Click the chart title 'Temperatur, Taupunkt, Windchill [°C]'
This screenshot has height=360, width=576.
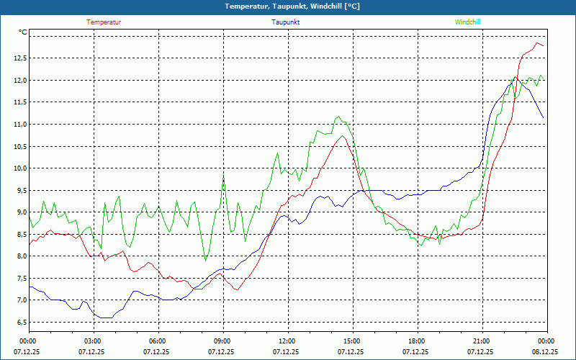pyautogui.click(x=287, y=6)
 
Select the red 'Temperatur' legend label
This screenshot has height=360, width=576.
pyautogui.click(x=104, y=22)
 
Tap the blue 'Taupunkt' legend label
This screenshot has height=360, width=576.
pyautogui.click(x=286, y=22)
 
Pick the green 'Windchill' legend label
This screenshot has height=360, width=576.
pyautogui.click(x=467, y=22)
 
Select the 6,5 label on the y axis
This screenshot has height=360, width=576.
pyautogui.click(x=19, y=322)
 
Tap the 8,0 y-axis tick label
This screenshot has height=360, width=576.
pyautogui.click(x=19, y=256)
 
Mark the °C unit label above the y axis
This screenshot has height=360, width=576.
pyautogui.click(x=23, y=32)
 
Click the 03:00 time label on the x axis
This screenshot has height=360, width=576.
pyautogui.click(x=93, y=341)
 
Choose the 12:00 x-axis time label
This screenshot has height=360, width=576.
pyautogui.click(x=287, y=341)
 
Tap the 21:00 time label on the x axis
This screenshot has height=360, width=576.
pyautogui.click(x=482, y=341)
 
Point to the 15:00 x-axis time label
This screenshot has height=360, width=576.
pyautogui.click(x=352, y=341)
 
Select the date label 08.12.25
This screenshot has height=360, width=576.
pyautogui.click(x=544, y=352)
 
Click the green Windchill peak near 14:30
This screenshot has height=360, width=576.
pyautogui.click(x=338, y=117)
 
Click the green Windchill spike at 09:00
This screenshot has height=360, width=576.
pyautogui.click(x=223, y=177)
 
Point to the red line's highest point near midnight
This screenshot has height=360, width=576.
pyautogui.click(x=537, y=43)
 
